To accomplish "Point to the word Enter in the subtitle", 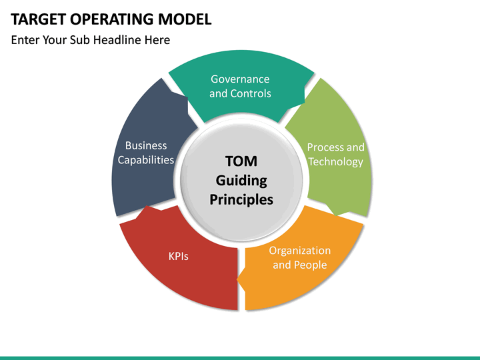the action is [25, 40].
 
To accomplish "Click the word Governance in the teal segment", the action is [240, 79].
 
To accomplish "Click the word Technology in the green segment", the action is [336, 161].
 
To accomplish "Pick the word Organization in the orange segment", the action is [300, 251].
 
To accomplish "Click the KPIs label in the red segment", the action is [179, 256].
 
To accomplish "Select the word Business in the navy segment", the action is [146, 145].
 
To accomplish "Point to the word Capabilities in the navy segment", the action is [146, 160].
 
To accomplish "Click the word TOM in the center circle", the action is [241, 161].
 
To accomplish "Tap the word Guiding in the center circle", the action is [241, 181].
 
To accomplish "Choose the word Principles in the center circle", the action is [241, 199].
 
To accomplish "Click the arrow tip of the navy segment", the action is [187, 98].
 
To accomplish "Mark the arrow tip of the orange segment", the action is [237, 279].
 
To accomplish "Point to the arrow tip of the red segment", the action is [147, 206].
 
